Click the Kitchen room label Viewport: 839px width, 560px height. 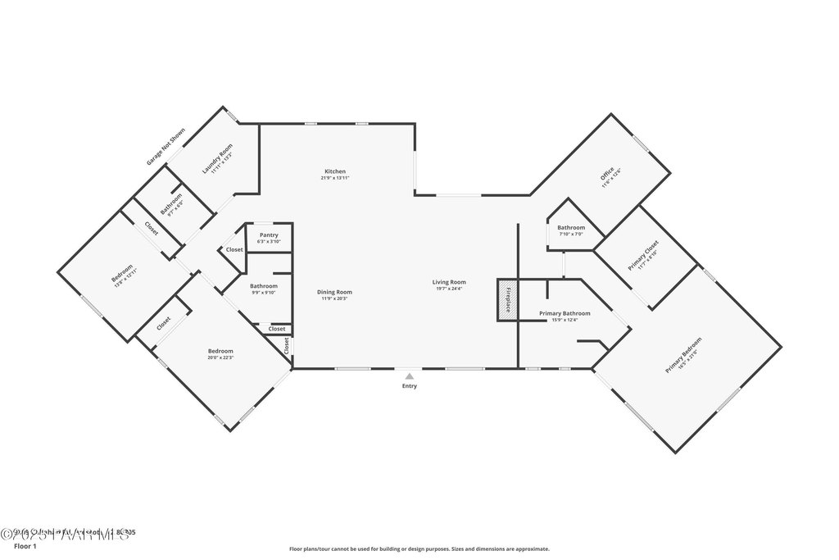pyautogui.click(x=333, y=171)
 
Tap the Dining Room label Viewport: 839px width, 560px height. pyautogui.click(x=334, y=292)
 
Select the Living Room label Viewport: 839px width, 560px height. pyautogui.click(x=449, y=282)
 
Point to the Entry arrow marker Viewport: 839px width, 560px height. pyautogui.click(x=409, y=376)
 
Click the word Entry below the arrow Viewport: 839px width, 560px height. pyautogui.click(x=409, y=386)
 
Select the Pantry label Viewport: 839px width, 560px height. pyautogui.click(x=269, y=235)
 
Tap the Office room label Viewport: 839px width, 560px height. pyautogui.click(x=607, y=175)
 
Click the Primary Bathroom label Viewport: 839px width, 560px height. pyautogui.click(x=564, y=313)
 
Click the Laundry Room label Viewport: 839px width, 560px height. pyautogui.click(x=217, y=158)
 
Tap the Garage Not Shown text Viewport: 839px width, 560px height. pyautogui.click(x=166, y=147)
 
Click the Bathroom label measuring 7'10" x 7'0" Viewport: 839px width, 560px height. pyautogui.click(x=571, y=227)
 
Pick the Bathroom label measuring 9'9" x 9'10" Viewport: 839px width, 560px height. pyautogui.click(x=264, y=285)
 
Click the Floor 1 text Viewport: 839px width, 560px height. pyautogui.click(x=25, y=545)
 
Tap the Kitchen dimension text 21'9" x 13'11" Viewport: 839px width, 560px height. pyautogui.click(x=333, y=178)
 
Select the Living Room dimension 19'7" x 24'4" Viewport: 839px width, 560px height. pyautogui.click(x=449, y=289)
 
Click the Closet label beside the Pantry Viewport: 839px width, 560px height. pyautogui.click(x=234, y=249)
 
